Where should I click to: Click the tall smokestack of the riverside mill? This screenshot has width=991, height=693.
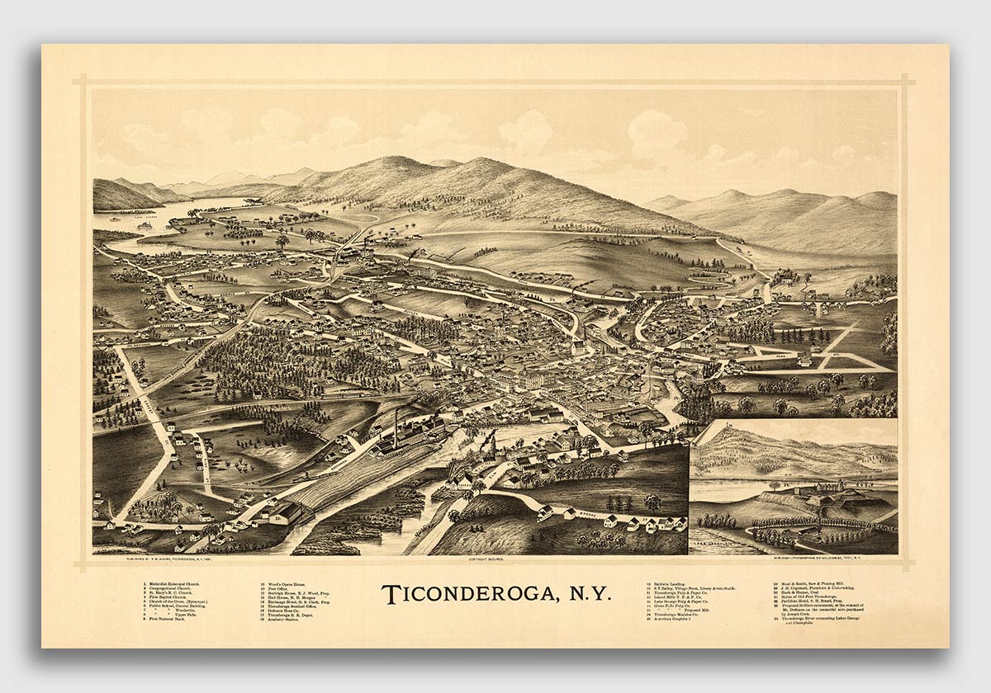coord(397,425)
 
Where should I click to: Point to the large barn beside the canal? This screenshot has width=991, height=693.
coord(284,513)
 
